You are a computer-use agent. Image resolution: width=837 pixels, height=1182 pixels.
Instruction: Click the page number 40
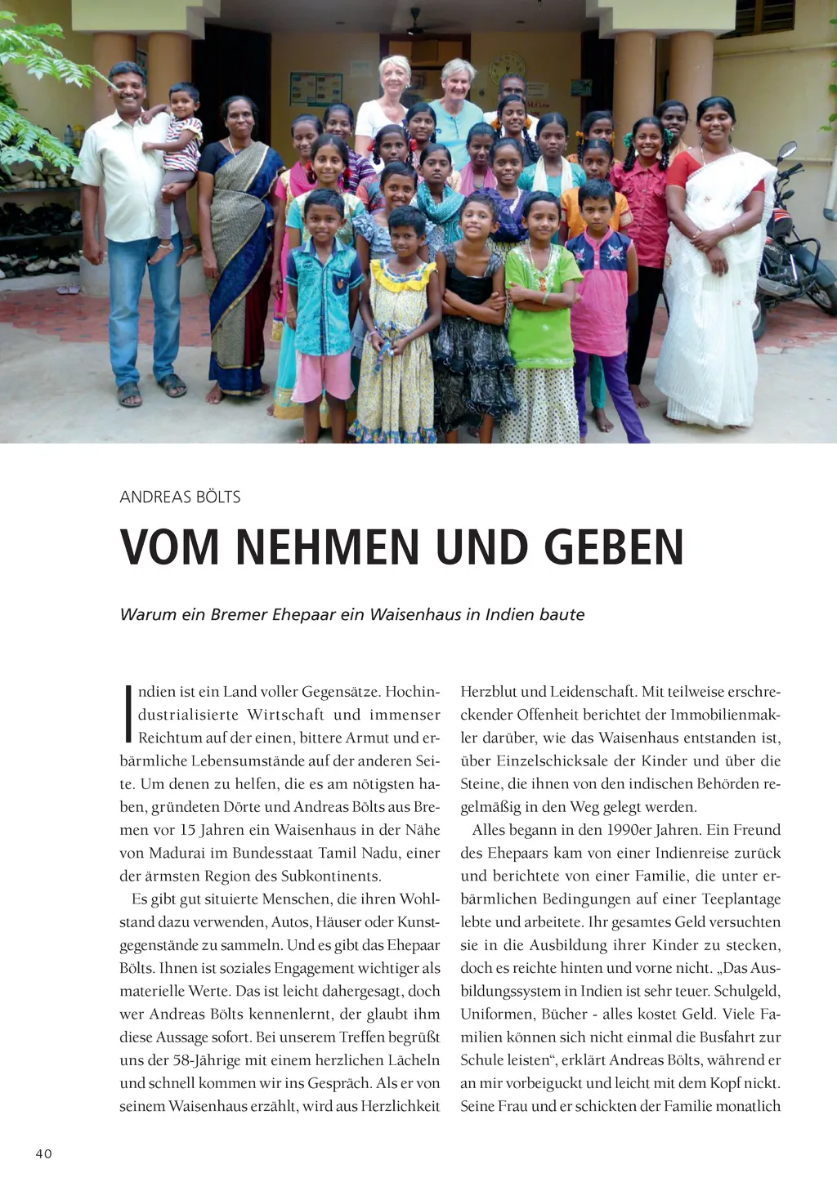(x=43, y=1153)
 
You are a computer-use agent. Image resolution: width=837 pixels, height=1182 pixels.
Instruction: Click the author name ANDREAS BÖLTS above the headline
(x=180, y=497)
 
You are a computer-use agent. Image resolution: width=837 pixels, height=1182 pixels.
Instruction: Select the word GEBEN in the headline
(x=614, y=547)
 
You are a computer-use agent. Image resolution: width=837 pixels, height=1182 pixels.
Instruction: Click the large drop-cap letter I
(x=128, y=713)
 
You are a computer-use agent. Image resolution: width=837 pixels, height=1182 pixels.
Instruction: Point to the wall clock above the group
(x=507, y=67)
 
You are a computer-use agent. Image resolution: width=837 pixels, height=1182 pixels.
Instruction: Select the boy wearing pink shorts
(x=324, y=310)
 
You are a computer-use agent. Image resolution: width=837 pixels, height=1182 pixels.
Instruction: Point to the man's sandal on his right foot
(x=129, y=395)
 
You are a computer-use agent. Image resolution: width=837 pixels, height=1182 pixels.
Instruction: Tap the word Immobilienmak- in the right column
(x=726, y=715)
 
